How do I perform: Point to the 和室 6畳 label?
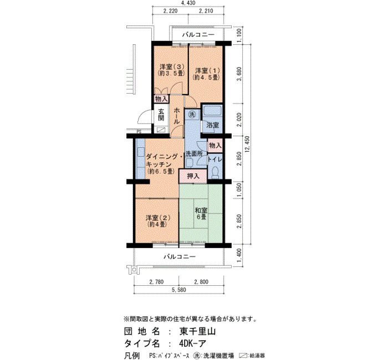coord(201,214)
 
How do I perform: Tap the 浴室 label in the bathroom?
coord(213,125)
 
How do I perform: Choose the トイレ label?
coord(215,160)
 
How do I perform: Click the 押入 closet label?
coord(193,176)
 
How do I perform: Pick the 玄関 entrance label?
coord(161,115)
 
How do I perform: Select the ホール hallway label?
coord(177,115)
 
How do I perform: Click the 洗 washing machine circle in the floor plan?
coord(192,114)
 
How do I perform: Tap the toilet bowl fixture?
coord(215,172)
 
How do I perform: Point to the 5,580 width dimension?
coord(179,290)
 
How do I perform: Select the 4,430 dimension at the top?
coord(188,3)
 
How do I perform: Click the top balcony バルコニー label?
coord(198,34)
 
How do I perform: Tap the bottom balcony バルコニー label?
coord(180,256)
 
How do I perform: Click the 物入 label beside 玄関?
coord(161,99)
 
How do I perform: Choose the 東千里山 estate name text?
coord(197,331)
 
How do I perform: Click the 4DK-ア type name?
coord(192,344)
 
